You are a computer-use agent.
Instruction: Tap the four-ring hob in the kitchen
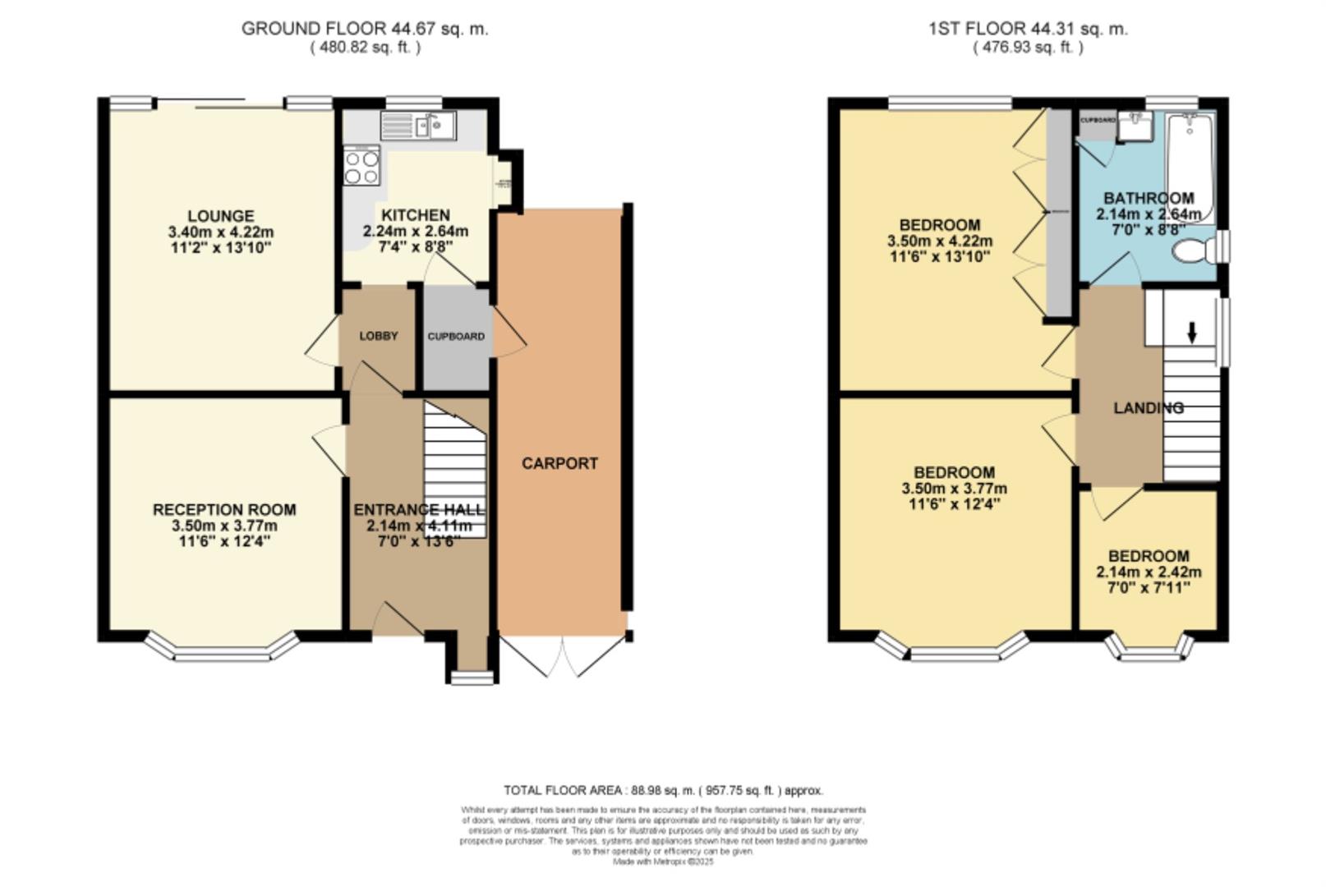361,166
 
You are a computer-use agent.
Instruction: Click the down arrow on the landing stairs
1192,332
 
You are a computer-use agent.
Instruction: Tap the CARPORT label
559,463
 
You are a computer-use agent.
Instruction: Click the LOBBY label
379,336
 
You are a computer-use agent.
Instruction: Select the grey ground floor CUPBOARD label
455,336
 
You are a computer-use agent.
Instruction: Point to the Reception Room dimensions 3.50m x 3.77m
224,526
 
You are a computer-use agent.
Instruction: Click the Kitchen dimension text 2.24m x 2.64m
416,231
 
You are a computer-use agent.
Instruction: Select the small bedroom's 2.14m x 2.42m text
1149,572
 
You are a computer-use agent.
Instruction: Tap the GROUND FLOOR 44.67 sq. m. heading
364,29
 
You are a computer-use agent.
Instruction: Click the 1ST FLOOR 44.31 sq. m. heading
1028,29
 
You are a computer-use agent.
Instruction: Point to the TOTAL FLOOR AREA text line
663,790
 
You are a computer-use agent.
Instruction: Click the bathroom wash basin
1140,126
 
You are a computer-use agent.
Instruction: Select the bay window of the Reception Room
222,650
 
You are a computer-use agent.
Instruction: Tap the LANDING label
1149,408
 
